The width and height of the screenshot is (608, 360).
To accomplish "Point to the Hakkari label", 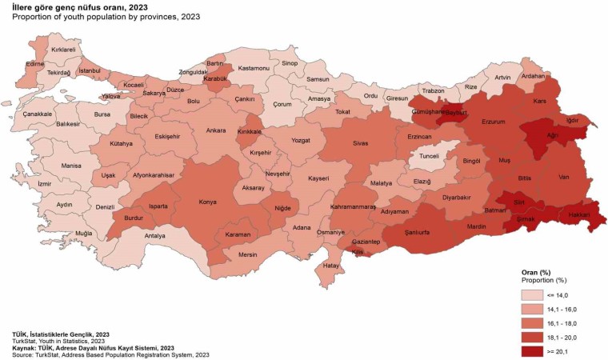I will coord(579,214).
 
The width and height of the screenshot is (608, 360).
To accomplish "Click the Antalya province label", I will coord(154,236).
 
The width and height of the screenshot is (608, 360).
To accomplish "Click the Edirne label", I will coord(34,63).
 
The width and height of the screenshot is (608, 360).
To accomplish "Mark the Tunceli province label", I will coord(429,158).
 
